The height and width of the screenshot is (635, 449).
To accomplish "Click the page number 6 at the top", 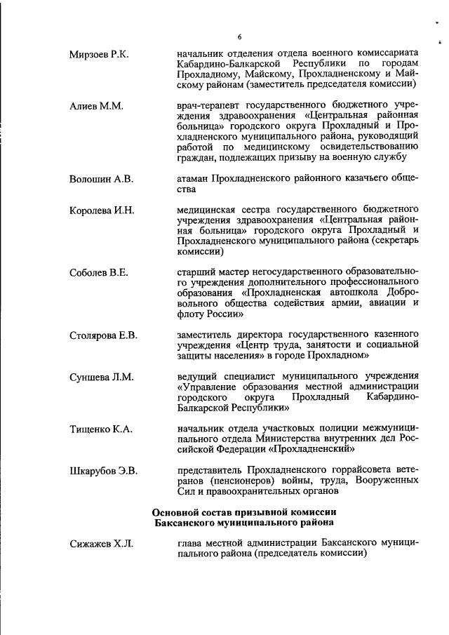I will (x=239, y=36).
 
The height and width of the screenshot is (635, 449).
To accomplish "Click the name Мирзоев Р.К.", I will (x=99, y=54).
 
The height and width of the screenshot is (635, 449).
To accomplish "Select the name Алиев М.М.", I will (x=96, y=106).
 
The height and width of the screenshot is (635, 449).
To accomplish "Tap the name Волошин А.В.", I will (x=101, y=179).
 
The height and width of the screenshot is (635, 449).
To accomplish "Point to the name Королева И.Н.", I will (x=102, y=210).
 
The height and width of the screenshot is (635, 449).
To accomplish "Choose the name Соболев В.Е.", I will (x=99, y=272).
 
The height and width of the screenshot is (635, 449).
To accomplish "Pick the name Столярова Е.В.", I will (x=103, y=335).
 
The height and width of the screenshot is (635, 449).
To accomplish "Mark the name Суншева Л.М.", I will (x=101, y=377).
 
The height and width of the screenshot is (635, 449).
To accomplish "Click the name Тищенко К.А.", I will (x=101, y=429).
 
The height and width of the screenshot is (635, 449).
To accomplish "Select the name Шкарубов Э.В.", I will (x=103, y=470).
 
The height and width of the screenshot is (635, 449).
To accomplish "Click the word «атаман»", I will (x=195, y=179).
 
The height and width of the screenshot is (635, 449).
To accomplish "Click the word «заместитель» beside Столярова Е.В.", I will (x=208, y=335).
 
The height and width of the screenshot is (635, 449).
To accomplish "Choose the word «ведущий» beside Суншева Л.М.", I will (x=199, y=377).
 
